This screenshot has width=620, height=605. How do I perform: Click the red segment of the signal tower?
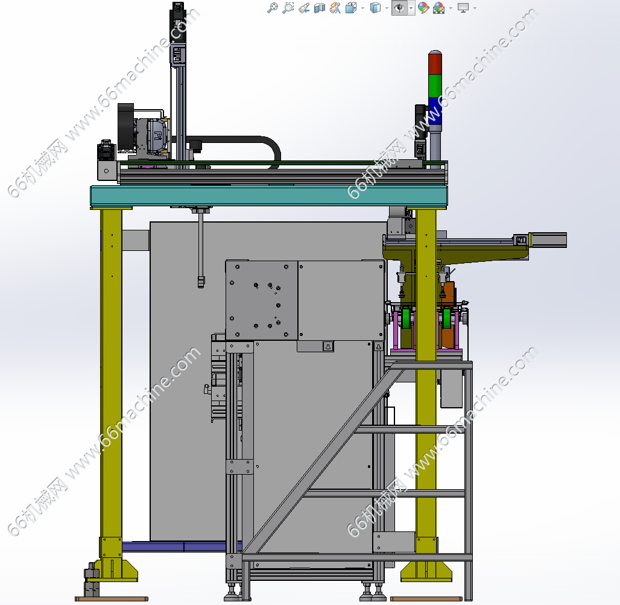[435, 63]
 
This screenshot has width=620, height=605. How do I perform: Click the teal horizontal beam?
[269, 195]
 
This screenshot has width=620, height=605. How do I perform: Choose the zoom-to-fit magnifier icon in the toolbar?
[273, 7]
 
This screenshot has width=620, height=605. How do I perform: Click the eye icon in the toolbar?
[399, 7]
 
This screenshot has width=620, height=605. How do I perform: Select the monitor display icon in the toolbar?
[463, 7]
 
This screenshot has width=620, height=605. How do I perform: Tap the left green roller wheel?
[406, 318]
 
